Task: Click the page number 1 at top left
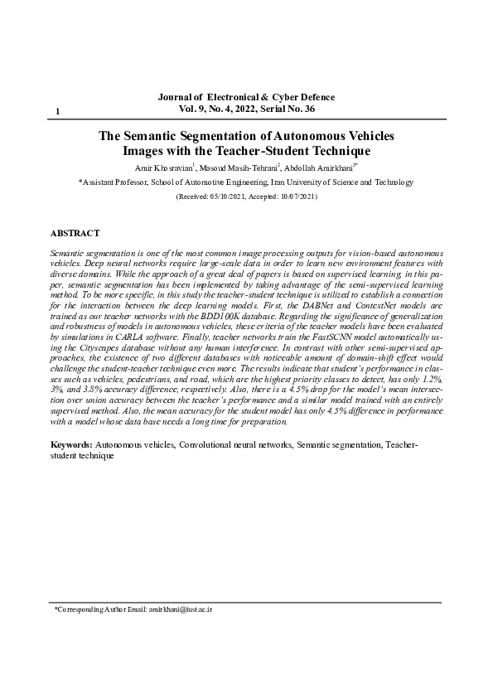(x=57, y=111)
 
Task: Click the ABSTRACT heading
(x=75, y=234)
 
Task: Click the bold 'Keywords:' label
(x=71, y=446)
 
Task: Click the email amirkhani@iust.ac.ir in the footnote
(x=181, y=609)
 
